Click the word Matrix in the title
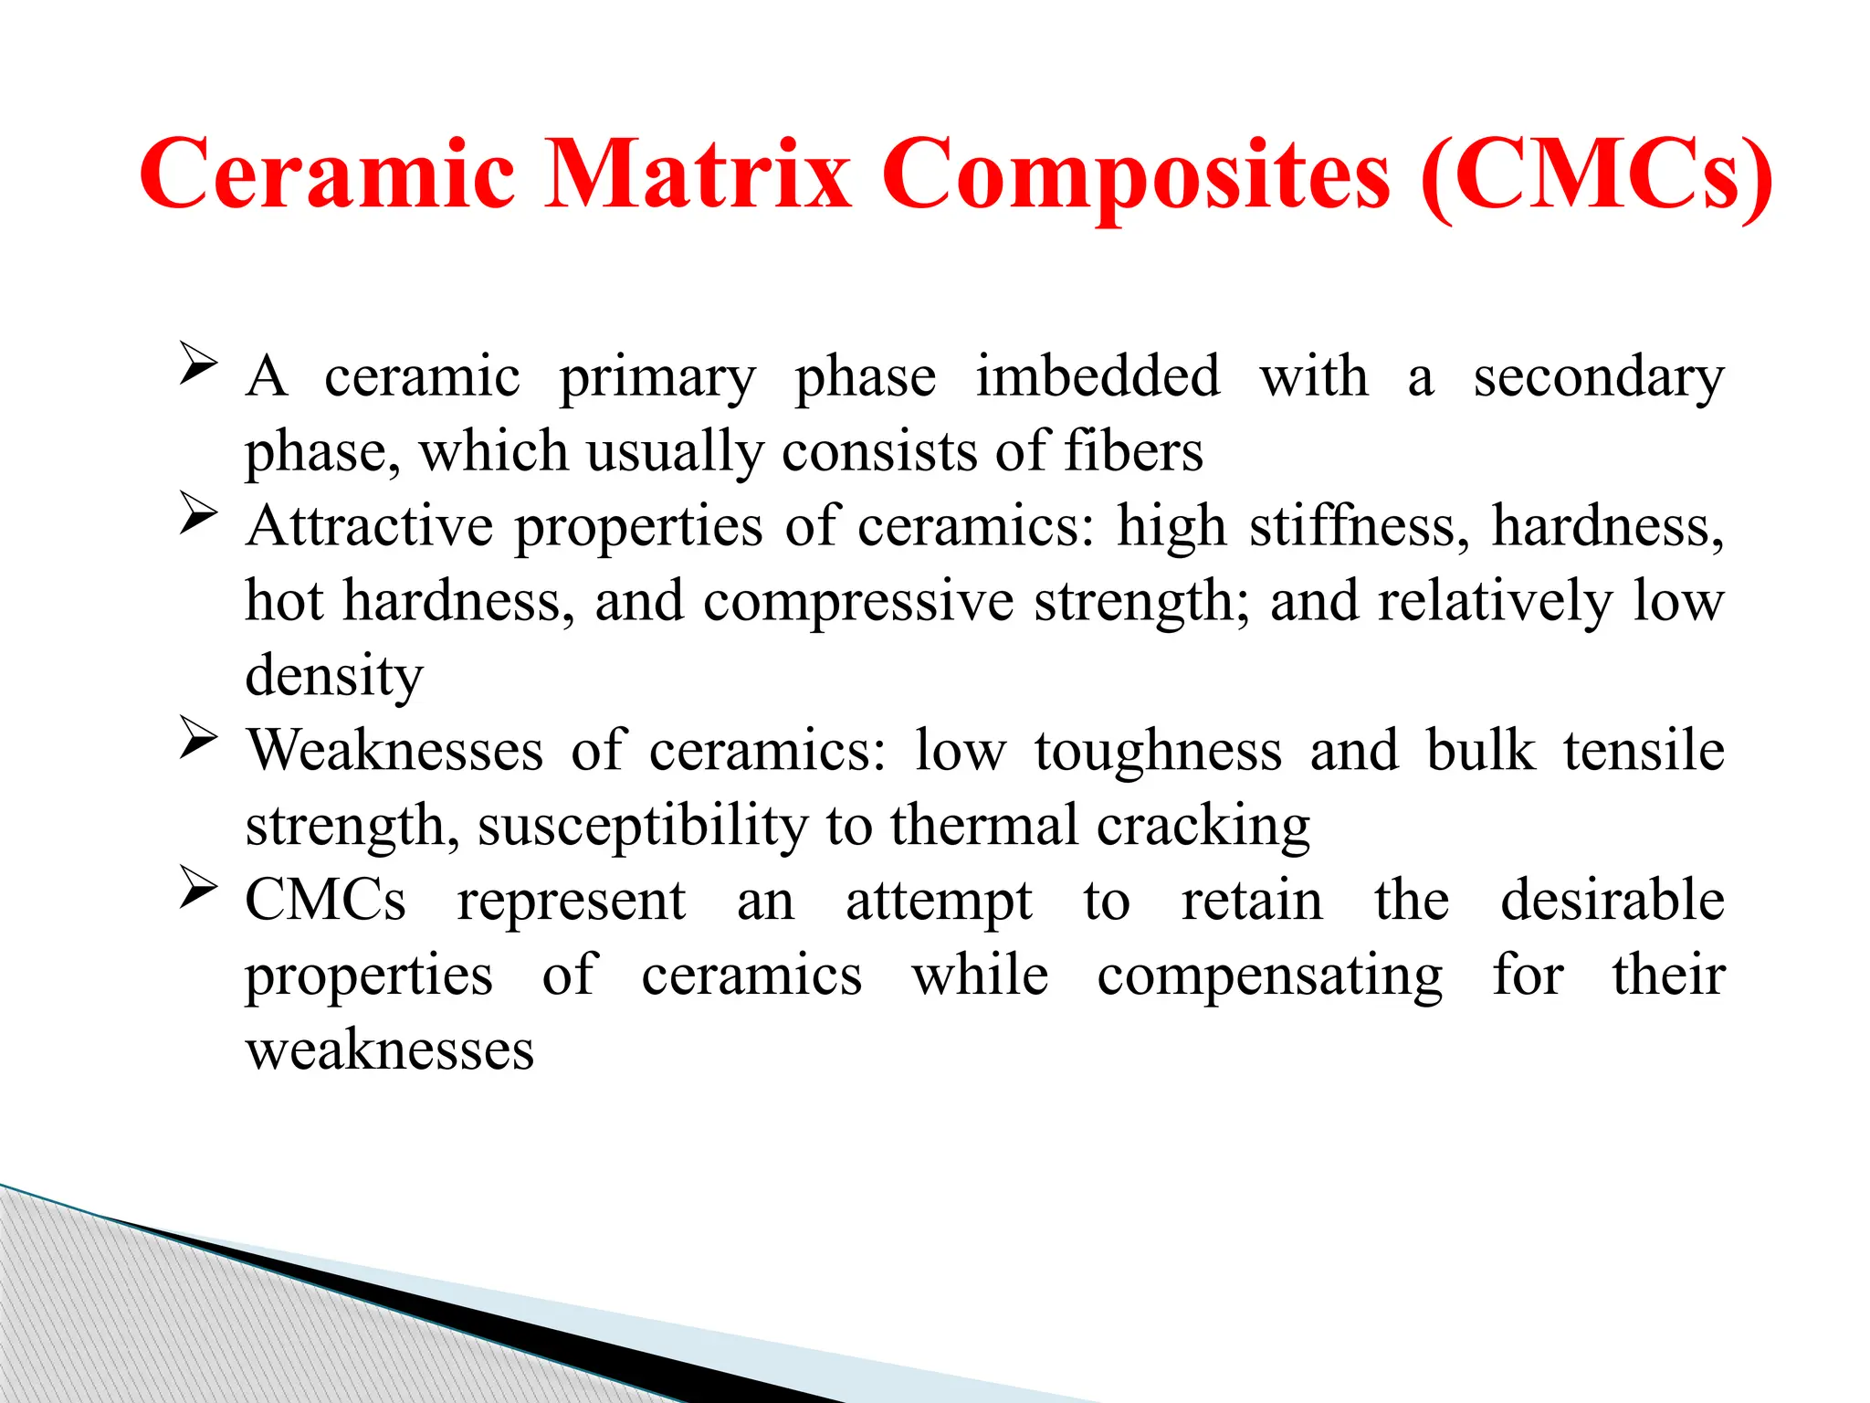pyautogui.click(x=698, y=174)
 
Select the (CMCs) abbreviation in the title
pyautogui.click(x=1597, y=174)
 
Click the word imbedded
pyautogui.click(x=1098, y=375)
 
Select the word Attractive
pyautogui.click(x=368, y=526)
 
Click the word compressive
pyautogui.click(x=858, y=603)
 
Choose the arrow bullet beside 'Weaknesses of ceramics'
pyautogui.click(x=198, y=737)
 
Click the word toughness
pyautogui.click(x=1158, y=752)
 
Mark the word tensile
pyautogui.click(x=1643, y=751)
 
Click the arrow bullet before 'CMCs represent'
pyautogui.click(x=198, y=887)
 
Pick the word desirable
pyautogui.click(x=1613, y=901)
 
